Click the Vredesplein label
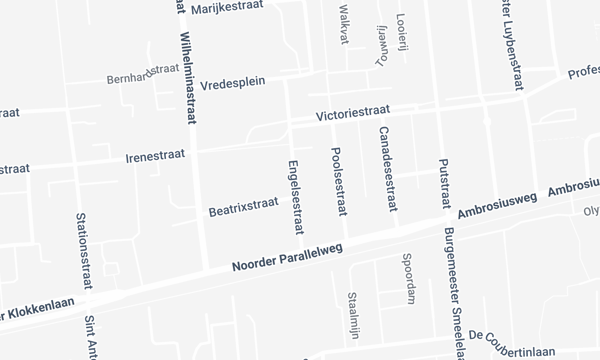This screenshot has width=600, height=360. coord(232,83)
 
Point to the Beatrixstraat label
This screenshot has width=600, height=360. coord(242,211)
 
